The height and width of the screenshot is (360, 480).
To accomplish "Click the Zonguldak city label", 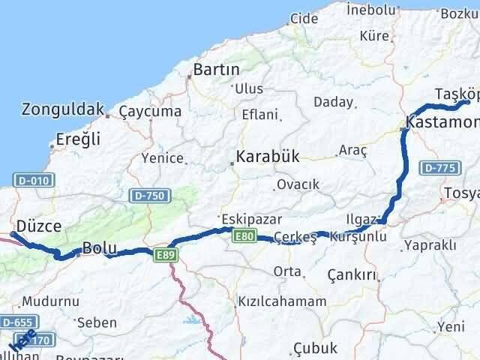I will (x=62, y=109).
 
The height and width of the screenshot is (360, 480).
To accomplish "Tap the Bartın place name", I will (x=216, y=69).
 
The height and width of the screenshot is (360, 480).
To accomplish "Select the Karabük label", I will (x=267, y=157).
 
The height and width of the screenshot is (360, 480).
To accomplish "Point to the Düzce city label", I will (x=43, y=226).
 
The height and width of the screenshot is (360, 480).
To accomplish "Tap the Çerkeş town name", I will (x=295, y=237).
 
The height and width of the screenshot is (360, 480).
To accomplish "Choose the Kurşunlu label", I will (x=358, y=236).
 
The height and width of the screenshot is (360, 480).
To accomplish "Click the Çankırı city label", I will (x=352, y=275).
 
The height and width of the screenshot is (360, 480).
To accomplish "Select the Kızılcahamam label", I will (x=281, y=301).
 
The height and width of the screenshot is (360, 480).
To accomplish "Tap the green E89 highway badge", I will (x=166, y=255).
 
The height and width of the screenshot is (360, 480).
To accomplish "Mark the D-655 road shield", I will (x=16, y=322).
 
